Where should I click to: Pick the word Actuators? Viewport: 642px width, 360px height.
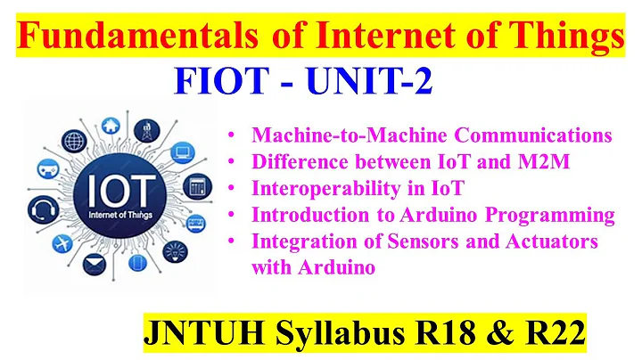(554, 241)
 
